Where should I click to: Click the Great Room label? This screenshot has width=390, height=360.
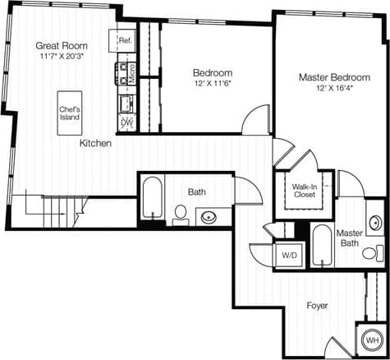coord(62,45)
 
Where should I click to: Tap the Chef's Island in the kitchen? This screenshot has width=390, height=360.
coord(69,112)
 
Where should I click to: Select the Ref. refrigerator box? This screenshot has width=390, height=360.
coord(125,40)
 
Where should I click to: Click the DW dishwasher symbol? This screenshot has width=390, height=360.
coord(126,122)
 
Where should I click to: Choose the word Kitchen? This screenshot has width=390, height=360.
coord(95,143)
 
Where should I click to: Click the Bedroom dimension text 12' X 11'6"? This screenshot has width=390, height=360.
coord(213,85)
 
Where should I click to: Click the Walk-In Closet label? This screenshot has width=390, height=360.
coord(305,192)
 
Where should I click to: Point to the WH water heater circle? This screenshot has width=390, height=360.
coord(372,339)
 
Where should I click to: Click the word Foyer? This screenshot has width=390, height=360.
coord(317,306)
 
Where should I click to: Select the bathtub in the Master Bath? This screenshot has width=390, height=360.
coord(323,244)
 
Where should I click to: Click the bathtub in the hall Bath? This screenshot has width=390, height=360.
coord(153,199)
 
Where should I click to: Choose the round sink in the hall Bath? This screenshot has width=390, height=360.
coord(209,218)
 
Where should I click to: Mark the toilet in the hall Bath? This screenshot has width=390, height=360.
coord(181,215)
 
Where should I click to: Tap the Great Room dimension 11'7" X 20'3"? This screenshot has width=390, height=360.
coord(62,58)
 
